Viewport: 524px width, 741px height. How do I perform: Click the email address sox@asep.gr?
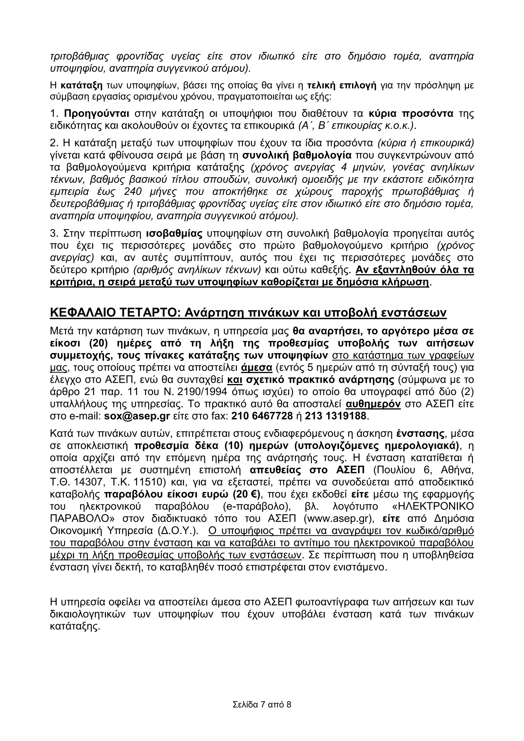pyautogui.click(x=137, y=416)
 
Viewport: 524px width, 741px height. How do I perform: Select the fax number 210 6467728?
pyautogui.click(x=262, y=416)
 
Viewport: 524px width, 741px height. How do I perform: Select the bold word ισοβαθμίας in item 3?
pyautogui.click(x=174, y=233)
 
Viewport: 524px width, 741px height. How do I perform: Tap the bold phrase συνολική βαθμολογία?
pyautogui.click(x=297, y=155)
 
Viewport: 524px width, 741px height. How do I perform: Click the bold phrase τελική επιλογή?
pyautogui.click(x=341, y=86)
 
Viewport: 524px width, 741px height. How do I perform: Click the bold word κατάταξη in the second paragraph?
pyautogui.click(x=82, y=86)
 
